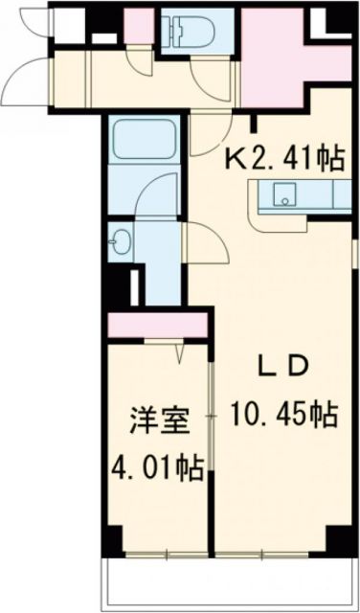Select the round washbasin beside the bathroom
point(120,240)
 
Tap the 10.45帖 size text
point(284,416)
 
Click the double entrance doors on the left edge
point(24,57)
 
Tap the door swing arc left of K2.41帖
point(211,134)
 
